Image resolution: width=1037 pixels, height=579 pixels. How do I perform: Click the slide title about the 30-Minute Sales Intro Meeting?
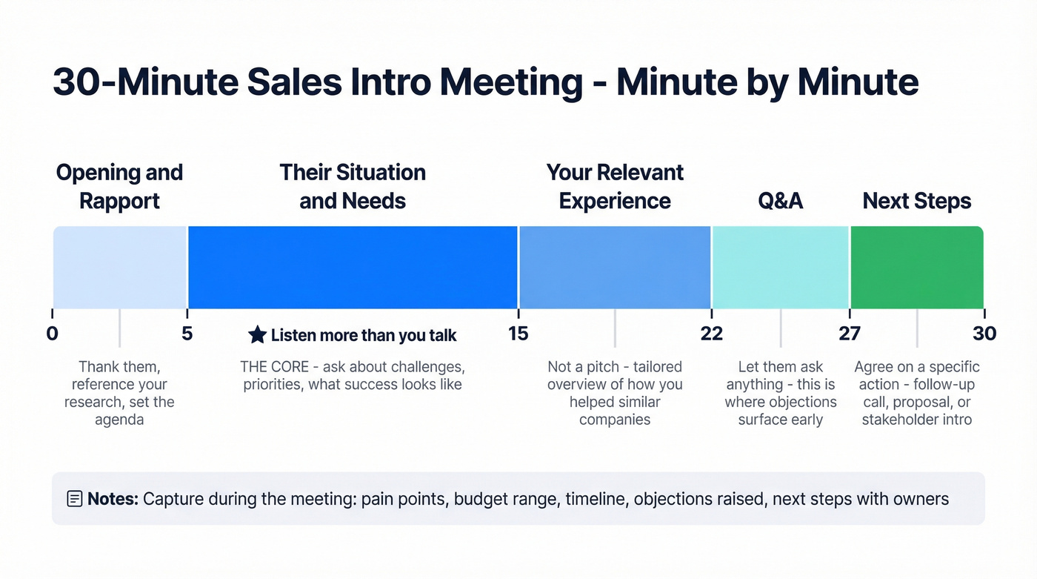coord(485,82)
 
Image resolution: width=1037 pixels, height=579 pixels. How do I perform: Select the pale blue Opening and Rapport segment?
coord(119,267)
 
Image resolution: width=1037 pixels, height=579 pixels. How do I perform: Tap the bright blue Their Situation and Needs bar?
coord(353,267)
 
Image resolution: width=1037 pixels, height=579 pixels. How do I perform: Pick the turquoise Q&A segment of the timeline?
coord(780,267)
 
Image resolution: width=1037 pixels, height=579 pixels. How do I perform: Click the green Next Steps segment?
coord(917,267)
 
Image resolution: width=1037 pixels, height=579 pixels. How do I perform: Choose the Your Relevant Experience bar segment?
coord(615,267)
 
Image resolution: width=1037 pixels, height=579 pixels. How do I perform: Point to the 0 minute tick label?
coord(52,334)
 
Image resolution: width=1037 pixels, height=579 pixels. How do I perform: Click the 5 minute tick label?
coord(187,334)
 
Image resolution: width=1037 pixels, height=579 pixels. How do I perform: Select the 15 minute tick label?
coord(518,334)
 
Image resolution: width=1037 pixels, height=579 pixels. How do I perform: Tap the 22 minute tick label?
coord(712,334)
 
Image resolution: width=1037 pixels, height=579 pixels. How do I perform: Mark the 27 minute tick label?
coord(850,334)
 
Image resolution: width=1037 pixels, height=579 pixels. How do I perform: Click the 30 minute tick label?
coord(984,334)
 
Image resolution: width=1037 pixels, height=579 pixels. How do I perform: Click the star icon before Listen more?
coord(257,335)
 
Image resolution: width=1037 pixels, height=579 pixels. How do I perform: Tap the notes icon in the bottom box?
coord(74,498)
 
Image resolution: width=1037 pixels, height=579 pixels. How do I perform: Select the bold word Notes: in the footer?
coord(113,498)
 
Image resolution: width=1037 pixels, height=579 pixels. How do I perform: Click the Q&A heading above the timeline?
coord(780,201)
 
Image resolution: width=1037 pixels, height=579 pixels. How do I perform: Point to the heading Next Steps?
coord(917,201)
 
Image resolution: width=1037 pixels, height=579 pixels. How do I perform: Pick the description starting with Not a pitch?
coord(615,393)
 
